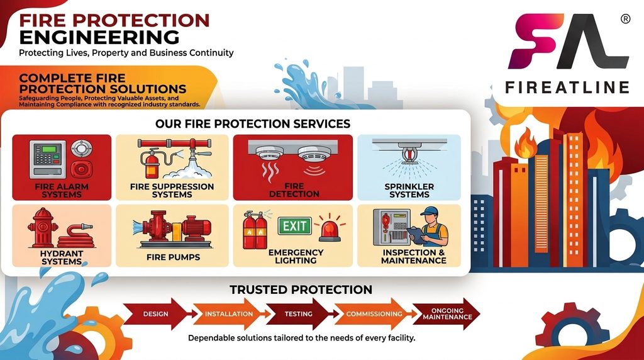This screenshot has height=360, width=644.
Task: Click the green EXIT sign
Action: (294, 225)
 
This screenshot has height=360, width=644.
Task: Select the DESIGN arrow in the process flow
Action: (156, 314)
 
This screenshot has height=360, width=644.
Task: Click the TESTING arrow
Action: (299, 314)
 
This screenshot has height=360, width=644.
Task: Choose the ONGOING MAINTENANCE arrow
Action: (447, 314)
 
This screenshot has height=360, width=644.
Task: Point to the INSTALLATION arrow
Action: (228, 314)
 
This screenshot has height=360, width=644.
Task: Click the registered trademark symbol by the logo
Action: (625, 19)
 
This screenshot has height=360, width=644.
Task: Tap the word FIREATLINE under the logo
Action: (567, 87)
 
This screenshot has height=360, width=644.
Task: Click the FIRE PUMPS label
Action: (173, 257)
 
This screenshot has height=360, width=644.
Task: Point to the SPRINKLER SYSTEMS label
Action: (409, 190)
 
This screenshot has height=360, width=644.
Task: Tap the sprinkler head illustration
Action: (409, 153)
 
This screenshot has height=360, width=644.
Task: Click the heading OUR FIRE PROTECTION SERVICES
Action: (253, 124)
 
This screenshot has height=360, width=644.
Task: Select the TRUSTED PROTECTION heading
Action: (301, 290)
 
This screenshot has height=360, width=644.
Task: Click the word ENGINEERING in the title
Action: (99, 37)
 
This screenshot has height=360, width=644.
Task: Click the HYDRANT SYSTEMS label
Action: (62, 257)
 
